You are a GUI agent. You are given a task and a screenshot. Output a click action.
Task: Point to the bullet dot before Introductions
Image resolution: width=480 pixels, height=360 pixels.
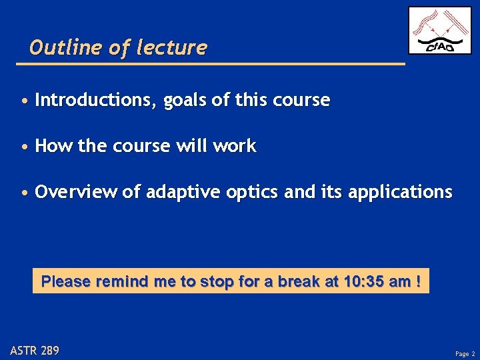click(x=24, y=101)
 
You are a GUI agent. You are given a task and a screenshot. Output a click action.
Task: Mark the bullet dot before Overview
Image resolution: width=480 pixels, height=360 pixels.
click(x=24, y=193)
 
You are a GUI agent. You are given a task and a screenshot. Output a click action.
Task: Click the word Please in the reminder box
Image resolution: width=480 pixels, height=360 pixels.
click(x=66, y=281)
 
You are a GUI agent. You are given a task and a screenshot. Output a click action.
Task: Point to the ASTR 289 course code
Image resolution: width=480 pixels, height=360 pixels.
click(x=35, y=350)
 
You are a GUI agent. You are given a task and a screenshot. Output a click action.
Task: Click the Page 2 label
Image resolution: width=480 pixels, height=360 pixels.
click(x=464, y=353)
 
